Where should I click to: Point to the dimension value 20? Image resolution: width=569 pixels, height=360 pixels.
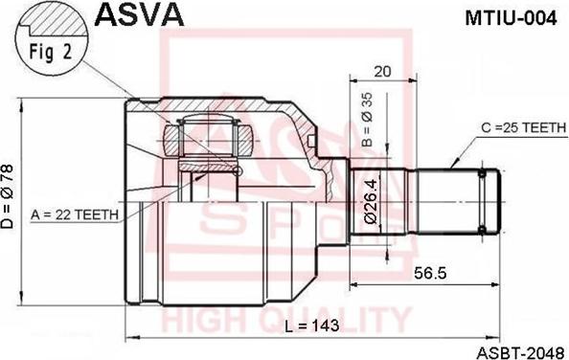tap(382, 70)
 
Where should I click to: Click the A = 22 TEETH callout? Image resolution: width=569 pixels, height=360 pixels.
tap(75, 214)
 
